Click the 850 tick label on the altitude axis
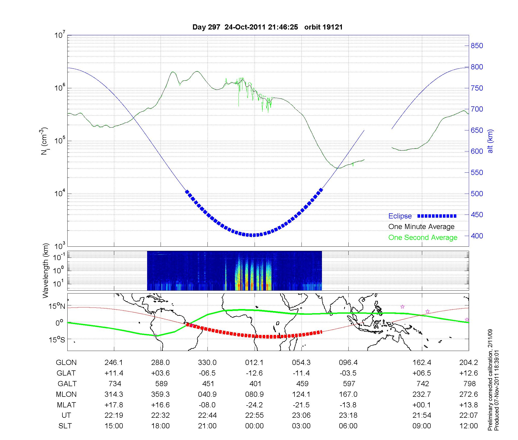pyautogui.click(x=477, y=46)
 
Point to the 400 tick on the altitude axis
pyautogui.click(x=477, y=236)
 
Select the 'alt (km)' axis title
pyautogui.click(x=490, y=141)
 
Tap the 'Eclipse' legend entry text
pyautogui.click(x=400, y=216)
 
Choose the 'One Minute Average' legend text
pyautogui.click(x=421, y=227)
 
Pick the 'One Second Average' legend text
pyautogui.click(x=423, y=238)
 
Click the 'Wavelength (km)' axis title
pyautogui.click(x=46, y=270)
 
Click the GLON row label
pyautogui.click(x=66, y=362)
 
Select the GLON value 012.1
pyautogui.click(x=254, y=362)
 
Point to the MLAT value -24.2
pyautogui.click(x=254, y=405)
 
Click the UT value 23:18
pyautogui.click(x=348, y=415)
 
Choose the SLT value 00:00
pyautogui.click(x=254, y=426)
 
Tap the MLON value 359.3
pyautogui.click(x=161, y=394)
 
